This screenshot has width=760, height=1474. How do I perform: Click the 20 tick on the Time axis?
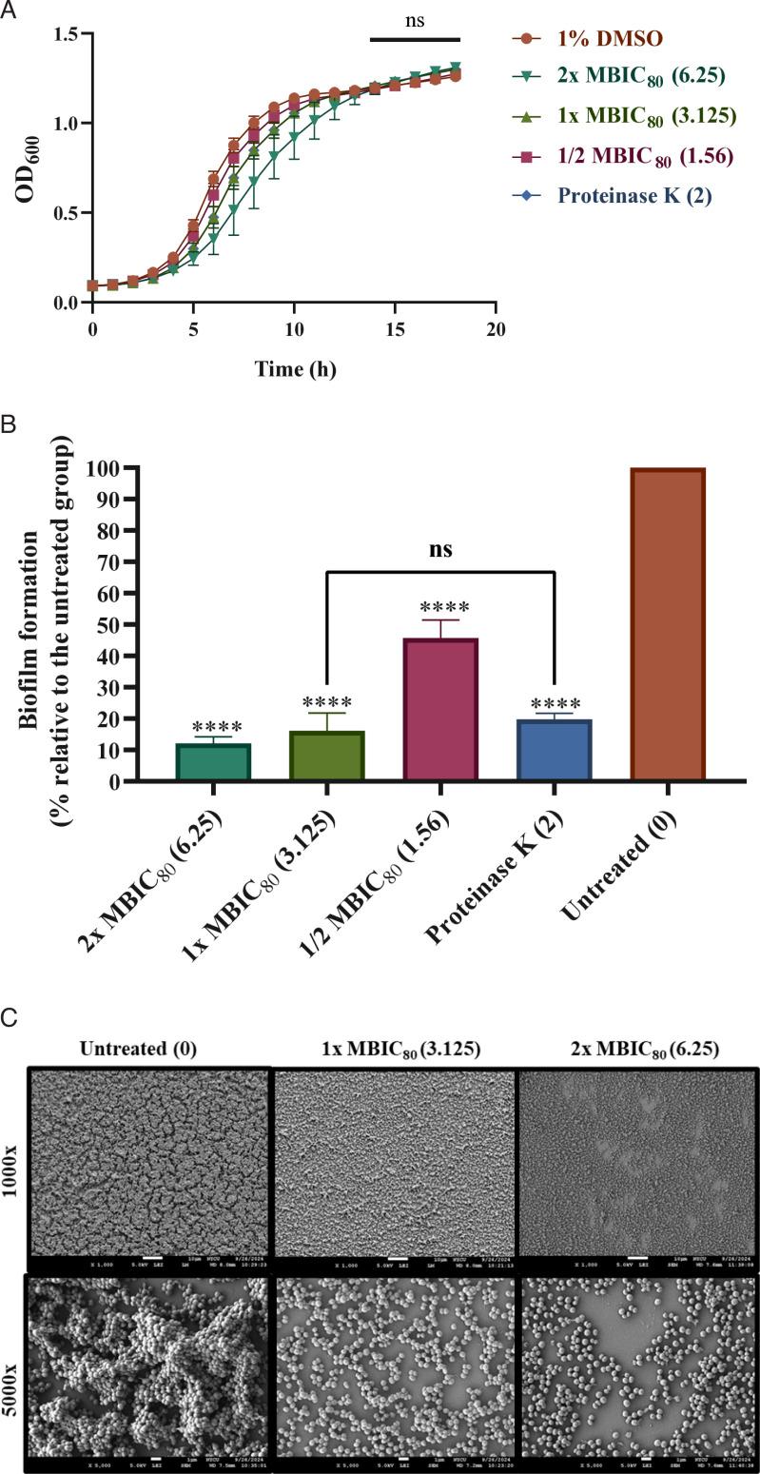494,329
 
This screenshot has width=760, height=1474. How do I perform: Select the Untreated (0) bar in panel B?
666,624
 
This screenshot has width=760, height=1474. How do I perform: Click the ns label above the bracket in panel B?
439,549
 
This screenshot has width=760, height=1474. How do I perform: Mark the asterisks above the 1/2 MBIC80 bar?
439,607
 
